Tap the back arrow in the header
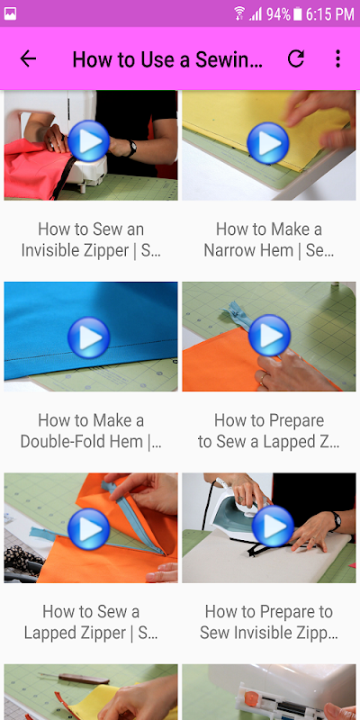coord(28,58)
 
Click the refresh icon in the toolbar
coord(296,58)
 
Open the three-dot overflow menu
coord(338,58)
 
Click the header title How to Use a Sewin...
coord(167,59)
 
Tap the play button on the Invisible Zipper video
coord(88,141)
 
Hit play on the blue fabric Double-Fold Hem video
coord(88,337)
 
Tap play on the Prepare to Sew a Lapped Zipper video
coord(269,336)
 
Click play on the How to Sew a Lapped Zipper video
coord(88,529)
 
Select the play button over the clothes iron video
coord(273,526)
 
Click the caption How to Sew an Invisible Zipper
coord(91,239)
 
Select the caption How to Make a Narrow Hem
coord(269,239)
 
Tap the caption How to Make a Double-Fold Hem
coord(91,431)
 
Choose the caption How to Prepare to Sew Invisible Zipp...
coord(269,622)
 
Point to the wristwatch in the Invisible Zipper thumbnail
coord(131,148)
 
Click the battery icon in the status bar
coord(298,14)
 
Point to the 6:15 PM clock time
coord(330,14)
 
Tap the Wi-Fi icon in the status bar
coord(239,13)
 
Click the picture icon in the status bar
coord(10,13)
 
